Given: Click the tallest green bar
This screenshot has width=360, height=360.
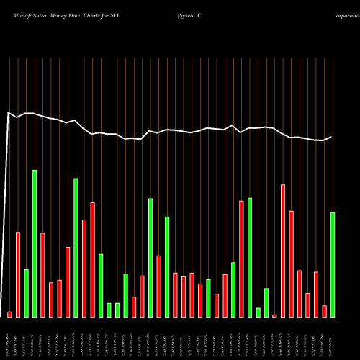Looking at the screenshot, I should click(35, 243).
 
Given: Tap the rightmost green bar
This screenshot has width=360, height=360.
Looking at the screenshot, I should click(333, 264).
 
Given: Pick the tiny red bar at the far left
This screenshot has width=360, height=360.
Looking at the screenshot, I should click(10, 314).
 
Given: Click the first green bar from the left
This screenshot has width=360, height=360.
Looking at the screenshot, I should click(27, 293).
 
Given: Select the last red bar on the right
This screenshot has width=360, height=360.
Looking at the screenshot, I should click(325, 311).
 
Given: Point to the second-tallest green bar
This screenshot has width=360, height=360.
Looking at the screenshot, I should click(76, 248).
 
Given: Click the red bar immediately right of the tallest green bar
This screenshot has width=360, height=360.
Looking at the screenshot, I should click(42, 275).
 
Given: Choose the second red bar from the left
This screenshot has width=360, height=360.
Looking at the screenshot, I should click(18, 274).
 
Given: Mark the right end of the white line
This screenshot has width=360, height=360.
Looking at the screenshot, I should click(332, 137).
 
